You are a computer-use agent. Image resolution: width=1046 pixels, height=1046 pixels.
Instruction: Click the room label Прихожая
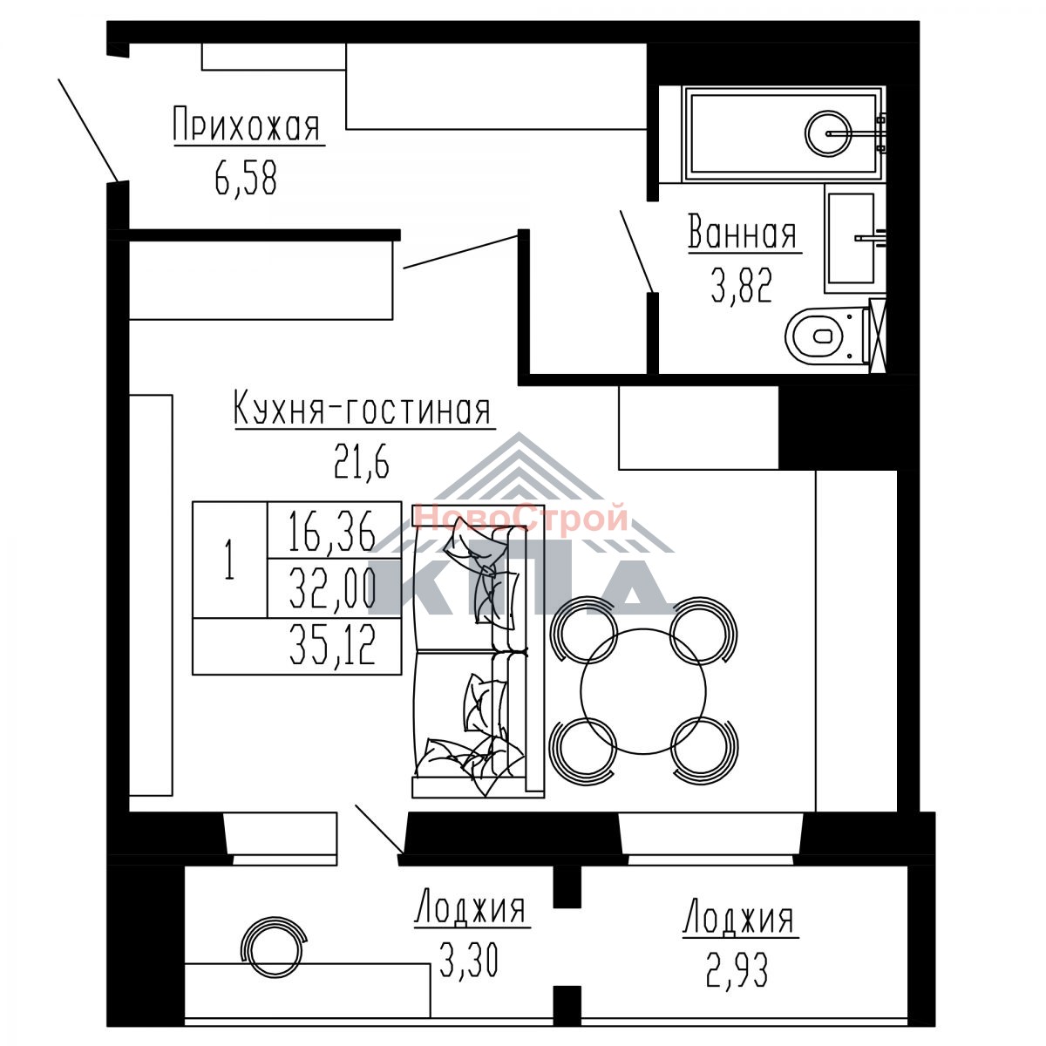(x=247, y=125)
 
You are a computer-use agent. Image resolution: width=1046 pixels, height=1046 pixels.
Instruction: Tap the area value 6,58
(x=246, y=179)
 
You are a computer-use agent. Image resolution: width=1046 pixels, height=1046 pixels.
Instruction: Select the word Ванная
(x=742, y=232)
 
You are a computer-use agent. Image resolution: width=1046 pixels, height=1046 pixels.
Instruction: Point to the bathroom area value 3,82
(x=742, y=286)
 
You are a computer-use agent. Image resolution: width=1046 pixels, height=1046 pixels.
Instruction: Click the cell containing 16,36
(x=335, y=530)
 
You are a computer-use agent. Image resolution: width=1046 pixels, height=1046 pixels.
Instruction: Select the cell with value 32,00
(x=335, y=588)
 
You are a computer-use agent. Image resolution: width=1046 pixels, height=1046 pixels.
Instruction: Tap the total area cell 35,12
(x=297, y=646)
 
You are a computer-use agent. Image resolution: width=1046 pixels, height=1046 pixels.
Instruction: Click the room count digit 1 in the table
(x=229, y=560)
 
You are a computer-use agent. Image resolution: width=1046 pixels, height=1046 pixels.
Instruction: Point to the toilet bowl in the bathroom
(x=826, y=336)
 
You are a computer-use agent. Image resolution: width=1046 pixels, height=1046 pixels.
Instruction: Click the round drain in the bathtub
(x=828, y=133)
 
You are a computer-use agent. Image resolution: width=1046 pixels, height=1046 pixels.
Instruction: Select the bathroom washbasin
(x=851, y=238)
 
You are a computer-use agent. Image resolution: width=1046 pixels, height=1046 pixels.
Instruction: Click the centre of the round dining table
(x=643, y=691)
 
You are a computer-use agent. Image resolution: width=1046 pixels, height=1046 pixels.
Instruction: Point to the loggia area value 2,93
(x=737, y=970)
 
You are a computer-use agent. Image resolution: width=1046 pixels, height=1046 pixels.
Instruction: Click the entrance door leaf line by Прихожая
(x=88, y=130)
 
